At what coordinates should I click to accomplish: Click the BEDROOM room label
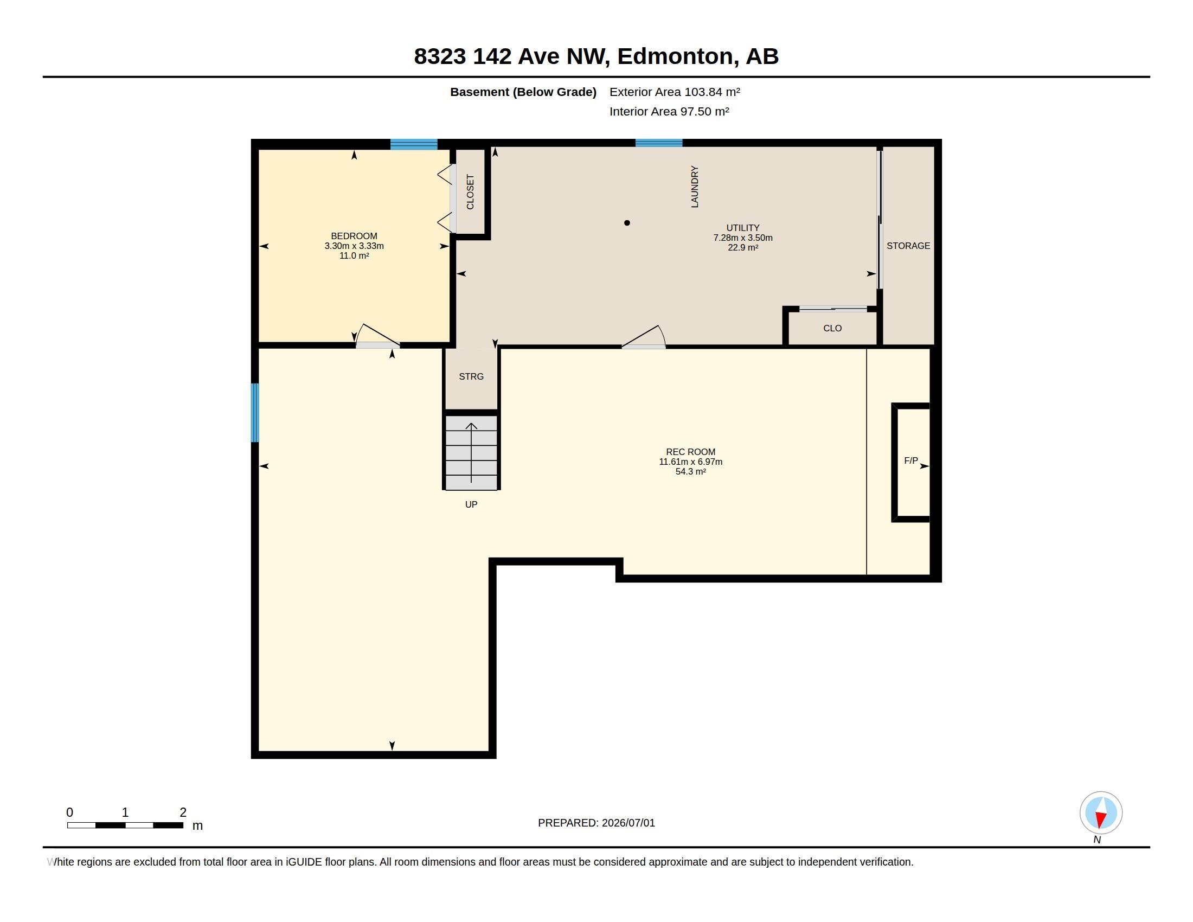coord(354,236)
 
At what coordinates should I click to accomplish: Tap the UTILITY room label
coord(743,228)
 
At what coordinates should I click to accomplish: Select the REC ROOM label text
coord(690,452)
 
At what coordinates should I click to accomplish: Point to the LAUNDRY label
coord(695,187)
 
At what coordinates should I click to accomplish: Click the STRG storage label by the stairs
coord(471,376)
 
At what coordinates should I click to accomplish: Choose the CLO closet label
coord(832,328)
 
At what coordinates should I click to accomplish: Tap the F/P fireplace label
coord(911,460)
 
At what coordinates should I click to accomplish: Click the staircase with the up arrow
coord(471,453)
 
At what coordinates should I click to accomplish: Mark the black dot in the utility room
coord(627,223)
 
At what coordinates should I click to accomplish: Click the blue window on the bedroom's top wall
coord(414,144)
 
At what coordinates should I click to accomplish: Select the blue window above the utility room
coord(659,143)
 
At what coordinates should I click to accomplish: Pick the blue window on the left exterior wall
coord(254,412)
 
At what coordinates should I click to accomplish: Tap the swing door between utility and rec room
coord(644,337)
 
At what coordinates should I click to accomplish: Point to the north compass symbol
coord(1101,813)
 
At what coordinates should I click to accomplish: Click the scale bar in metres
coord(125,825)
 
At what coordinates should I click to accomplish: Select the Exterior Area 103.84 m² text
coord(675,92)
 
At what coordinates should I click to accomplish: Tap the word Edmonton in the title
coord(675,56)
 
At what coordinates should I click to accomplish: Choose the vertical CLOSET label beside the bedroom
coord(470,191)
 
